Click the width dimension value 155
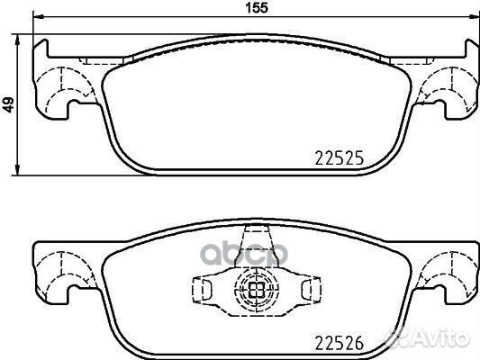pyautogui.click(x=258, y=7)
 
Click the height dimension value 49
pyautogui.click(x=9, y=104)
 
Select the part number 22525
pyautogui.click(x=340, y=158)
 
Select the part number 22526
pyautogui.click(x=340, y=343)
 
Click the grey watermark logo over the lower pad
pyautogui.click(x=244, y=253)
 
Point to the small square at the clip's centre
pyautogui.click(x=257, y=289)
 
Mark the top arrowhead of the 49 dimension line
pyautogui.click(x=18, y=39)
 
